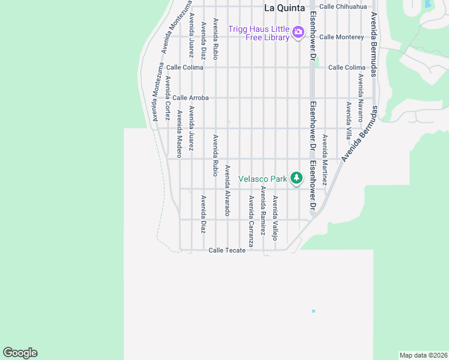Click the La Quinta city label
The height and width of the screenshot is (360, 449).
click(285, 8)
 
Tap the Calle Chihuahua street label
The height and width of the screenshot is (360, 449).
click(343, 7)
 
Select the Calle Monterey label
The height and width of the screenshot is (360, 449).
click(342, 37)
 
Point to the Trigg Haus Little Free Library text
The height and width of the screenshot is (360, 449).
click(259, 33)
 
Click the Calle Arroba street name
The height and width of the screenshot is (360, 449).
click(190, 97)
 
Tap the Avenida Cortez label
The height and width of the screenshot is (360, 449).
click(168, 98)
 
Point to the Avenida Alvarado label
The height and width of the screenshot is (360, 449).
click(228, 190)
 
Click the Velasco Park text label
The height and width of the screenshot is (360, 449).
click(263, 179)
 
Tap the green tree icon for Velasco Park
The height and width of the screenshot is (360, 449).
click(296, 178)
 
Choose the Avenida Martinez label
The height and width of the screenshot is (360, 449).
click(324, 160)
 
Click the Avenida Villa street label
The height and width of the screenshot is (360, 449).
click(349, 120)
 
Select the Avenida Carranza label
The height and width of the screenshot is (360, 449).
click(252, 221)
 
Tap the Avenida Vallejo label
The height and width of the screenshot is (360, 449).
click(276, 218)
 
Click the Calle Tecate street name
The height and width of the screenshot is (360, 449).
click(227, 250)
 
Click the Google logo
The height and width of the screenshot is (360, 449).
click(20, 353)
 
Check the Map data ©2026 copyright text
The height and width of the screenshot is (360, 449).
click(423, 355)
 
